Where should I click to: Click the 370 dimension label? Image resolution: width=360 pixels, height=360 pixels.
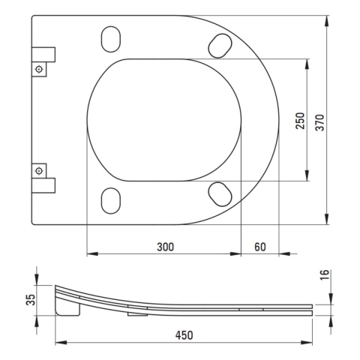[x=319, y=122]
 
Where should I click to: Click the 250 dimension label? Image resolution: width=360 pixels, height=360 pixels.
[x=300, y=121]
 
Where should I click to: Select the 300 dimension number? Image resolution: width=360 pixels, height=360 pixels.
[x=165, y=247]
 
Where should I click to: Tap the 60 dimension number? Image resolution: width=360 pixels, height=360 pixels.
[x=260, y=247]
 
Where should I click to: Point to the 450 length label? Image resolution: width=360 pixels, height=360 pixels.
[x=184, y=335]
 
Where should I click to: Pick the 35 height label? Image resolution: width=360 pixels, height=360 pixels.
[x=31, y=300]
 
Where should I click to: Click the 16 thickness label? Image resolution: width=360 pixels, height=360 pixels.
[x=325, y=275]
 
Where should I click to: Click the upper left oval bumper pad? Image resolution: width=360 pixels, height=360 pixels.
[x=111, y=39]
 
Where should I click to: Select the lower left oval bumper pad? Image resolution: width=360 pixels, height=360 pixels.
[x=111, y=200]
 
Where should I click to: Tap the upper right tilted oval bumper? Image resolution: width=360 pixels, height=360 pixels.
[x=220, y=46]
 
